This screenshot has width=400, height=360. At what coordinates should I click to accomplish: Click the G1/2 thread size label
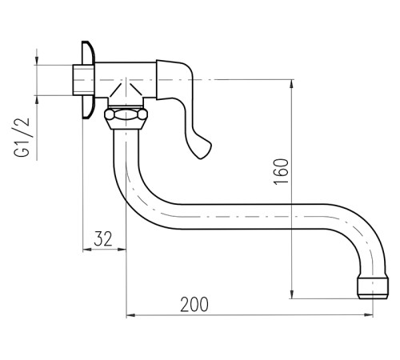click(x=22, y=138)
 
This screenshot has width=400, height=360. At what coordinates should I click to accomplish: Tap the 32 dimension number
click(x=103, y=238)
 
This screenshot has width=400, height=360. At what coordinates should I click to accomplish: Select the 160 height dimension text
click(x=281, y=171)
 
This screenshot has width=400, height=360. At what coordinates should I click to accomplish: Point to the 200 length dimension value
click(x=194, y=304)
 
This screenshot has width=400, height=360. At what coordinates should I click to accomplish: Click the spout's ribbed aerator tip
click(x=373, y=288)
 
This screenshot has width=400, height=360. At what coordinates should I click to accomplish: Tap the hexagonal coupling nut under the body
click(x=126, y=117)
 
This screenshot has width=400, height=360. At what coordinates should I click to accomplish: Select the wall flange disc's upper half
click(x=88, y=53)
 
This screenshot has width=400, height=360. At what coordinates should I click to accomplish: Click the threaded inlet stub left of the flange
click(x=78, y=80)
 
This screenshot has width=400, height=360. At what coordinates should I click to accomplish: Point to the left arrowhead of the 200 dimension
click(x=130, y=315)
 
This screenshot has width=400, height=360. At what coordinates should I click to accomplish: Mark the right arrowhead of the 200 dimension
click(x=369, y=315)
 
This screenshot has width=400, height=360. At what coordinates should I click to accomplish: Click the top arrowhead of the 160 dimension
click(x=292, y=84)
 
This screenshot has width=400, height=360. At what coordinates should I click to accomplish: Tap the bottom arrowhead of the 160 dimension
click(x=292, y=294)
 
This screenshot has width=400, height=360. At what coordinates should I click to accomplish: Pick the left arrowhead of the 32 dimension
click(x=87, y=250)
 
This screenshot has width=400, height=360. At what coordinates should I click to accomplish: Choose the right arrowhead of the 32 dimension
click(x=122, y=250)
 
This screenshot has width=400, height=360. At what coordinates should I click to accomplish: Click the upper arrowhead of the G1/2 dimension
click(x=37, y=61)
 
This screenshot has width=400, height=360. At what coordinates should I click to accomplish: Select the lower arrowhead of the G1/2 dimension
click(x=37, y=99)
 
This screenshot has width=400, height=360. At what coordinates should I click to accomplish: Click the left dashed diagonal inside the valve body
click(x=116, y=90)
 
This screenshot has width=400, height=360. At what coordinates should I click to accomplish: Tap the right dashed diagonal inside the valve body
click(x=135, y=90)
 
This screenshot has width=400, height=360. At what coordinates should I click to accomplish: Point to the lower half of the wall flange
click(x=88, y=106)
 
